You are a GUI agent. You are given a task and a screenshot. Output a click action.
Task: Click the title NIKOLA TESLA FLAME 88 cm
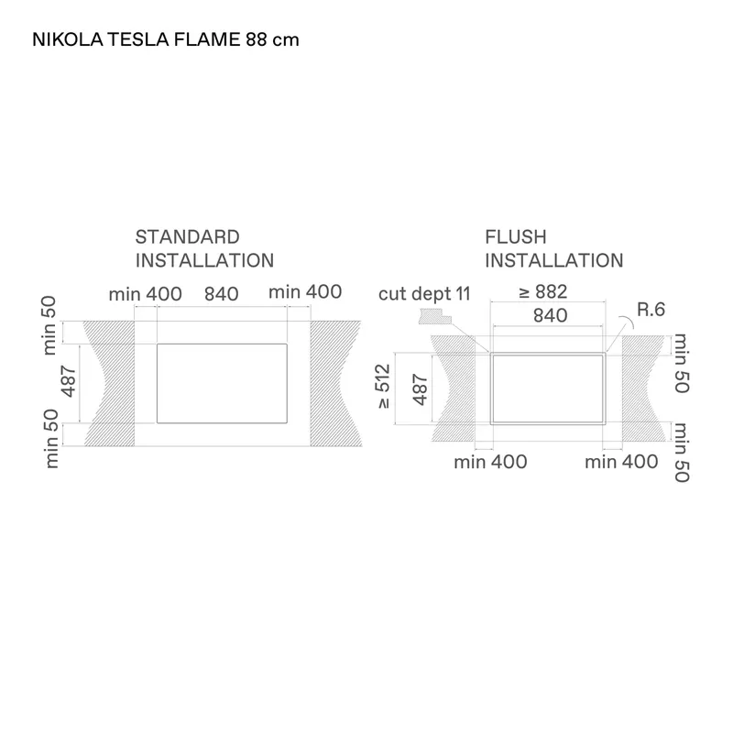[x=166, y=39]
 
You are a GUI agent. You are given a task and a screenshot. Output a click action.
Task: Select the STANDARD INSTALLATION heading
[x=204, y=248]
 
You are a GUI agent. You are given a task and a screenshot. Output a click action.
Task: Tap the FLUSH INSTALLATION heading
[x=554, y=248]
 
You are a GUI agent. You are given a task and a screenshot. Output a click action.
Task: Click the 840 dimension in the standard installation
[x=222, y=294]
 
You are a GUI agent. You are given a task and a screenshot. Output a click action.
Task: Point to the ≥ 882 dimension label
[x=542, y=291]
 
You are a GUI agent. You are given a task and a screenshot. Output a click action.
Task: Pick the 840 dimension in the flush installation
[x=551, y=315]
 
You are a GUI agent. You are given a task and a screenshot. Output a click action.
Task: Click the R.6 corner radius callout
[x=651, y=310]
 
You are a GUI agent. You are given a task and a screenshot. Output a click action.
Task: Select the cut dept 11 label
[x=424, y=294]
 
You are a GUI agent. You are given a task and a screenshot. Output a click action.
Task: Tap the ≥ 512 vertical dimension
[x=383, y=386]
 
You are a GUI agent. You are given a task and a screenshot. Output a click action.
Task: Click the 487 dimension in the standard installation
[x=68, y=381]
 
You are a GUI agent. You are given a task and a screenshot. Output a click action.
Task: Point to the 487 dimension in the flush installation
[x=421, y=390]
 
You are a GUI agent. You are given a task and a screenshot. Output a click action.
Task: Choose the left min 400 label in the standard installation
[x=146, y=294]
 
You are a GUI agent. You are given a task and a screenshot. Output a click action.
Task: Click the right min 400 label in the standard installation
[x=305, y=292]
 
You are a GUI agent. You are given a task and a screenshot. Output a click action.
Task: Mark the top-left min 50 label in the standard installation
[x=49, y=325]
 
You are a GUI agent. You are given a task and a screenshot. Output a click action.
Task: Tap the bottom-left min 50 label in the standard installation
[x=51, y=439]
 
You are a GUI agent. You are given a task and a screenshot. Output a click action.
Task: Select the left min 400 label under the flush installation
[x=490, y=463]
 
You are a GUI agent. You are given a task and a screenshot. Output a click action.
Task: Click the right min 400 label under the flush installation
[x=621, y=462]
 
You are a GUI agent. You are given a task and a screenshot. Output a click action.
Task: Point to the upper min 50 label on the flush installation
[x=682, y=363]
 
